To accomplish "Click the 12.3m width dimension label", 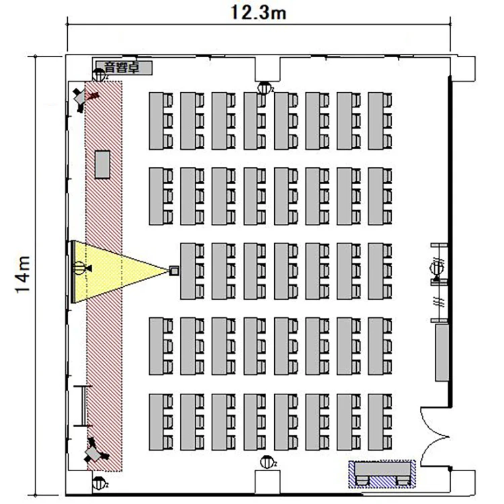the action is tap(259, 13).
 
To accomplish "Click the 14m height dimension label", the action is tap(23, 274).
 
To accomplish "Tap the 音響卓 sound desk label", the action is tap(122, 68).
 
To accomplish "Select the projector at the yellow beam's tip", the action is tap(174, 270).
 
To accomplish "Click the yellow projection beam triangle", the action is tap(116, 271).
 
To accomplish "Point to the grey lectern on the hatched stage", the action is tap(103, 165).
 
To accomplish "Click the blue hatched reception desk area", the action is tap(382, 474).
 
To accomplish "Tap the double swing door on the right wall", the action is tap(435, 437).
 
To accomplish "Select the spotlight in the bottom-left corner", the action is tap(94, 452).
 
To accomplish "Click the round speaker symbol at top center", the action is tap(265, 88).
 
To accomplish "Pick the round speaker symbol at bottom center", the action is tap(267, 462).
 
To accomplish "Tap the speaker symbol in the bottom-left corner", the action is tap(99, 482).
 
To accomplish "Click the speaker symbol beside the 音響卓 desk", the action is tap(99, 75).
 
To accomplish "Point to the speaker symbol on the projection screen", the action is tap(81, 267).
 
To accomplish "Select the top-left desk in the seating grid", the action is tap(161, 121).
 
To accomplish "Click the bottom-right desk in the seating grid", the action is tap(380, 422).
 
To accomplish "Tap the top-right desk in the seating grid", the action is tap(380, 121).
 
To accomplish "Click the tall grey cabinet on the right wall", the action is tap(442, 353).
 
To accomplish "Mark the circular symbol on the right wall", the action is tap(437, 267).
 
